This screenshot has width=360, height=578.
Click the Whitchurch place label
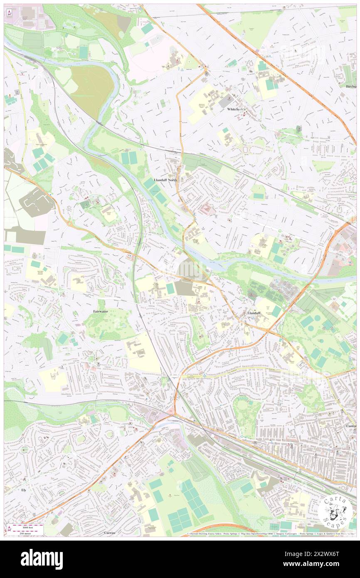[x=237, y=109]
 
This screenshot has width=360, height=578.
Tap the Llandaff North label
[x=165, y=180]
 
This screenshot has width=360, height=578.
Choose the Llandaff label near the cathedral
[x=254, y=312]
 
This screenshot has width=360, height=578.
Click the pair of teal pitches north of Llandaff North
[x=129, y=158]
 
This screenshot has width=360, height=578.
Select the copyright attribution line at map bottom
[x=270, y=534]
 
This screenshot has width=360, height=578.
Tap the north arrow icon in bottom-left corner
[x=9, y=529]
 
